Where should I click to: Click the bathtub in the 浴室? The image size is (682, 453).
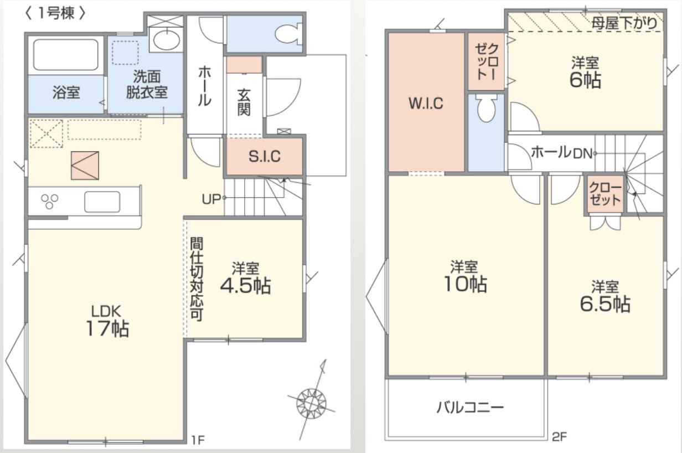coord(66,55)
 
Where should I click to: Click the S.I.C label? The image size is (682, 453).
coord(265,156)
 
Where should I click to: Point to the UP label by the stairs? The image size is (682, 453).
coord(211,199)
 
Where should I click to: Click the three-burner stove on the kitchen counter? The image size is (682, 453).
coord(50,202)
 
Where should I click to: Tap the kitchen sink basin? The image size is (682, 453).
coord(102,202)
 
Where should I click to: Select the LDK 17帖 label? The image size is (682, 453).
coord(107,321)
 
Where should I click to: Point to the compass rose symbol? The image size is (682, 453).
coord(311,404)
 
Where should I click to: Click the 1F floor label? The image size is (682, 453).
coord(198,440)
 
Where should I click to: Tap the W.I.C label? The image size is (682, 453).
coord(426,104)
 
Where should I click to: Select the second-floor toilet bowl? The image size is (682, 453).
coord(486,109)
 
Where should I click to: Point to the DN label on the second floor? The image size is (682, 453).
coord(582,154)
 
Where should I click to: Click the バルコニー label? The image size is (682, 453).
coord(471,407)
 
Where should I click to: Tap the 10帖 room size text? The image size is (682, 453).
coord(465,284)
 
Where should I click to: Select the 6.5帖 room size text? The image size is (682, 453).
coord(605,304)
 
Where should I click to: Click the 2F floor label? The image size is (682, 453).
coord(560,437)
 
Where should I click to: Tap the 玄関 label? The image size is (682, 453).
coord(244,102)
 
